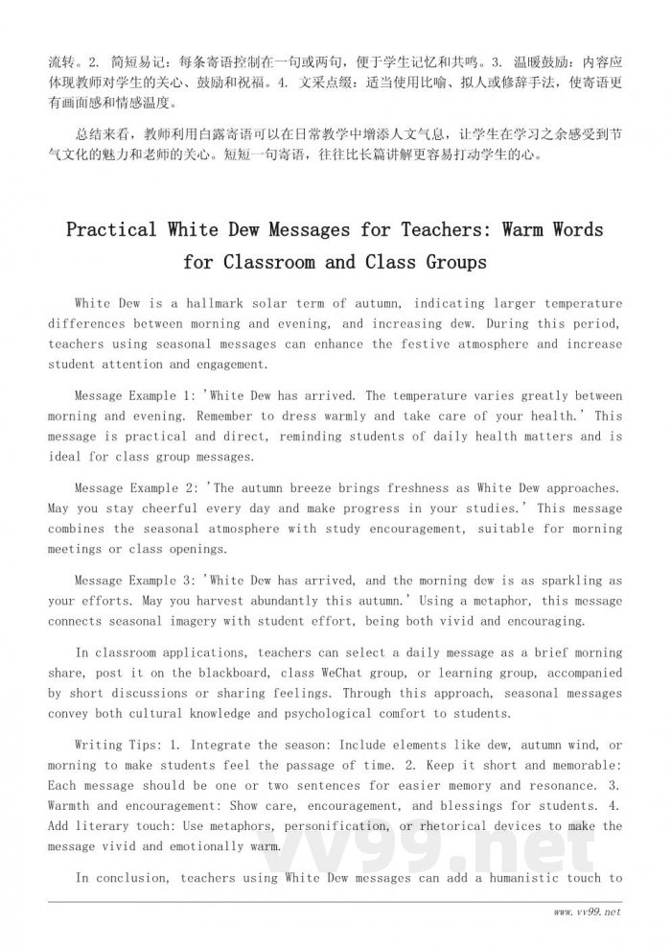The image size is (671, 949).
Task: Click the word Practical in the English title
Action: pos(110,230)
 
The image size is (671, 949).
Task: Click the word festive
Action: pos(425,344)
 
